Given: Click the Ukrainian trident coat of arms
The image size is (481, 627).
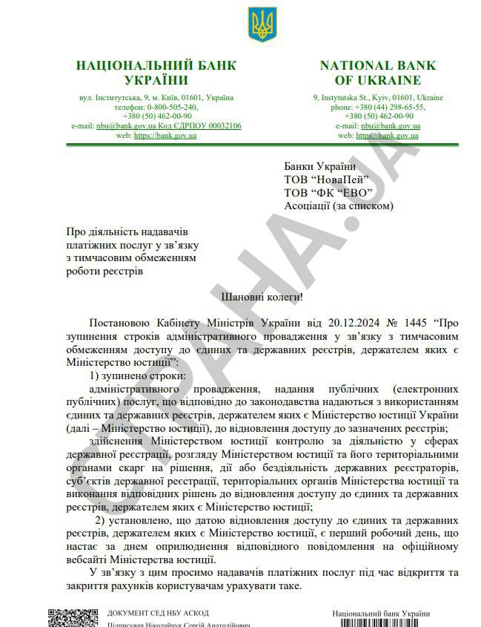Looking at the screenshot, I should (262, 25).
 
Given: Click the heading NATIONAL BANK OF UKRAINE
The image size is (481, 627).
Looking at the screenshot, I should (378, 73).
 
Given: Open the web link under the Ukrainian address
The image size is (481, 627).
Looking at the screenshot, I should (164, 136).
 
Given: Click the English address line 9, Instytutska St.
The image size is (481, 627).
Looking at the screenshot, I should (378, 97).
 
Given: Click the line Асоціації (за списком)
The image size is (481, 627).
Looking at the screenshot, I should (338, 206).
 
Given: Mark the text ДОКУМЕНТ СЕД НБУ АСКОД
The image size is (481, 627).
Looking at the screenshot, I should (158, 613).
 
